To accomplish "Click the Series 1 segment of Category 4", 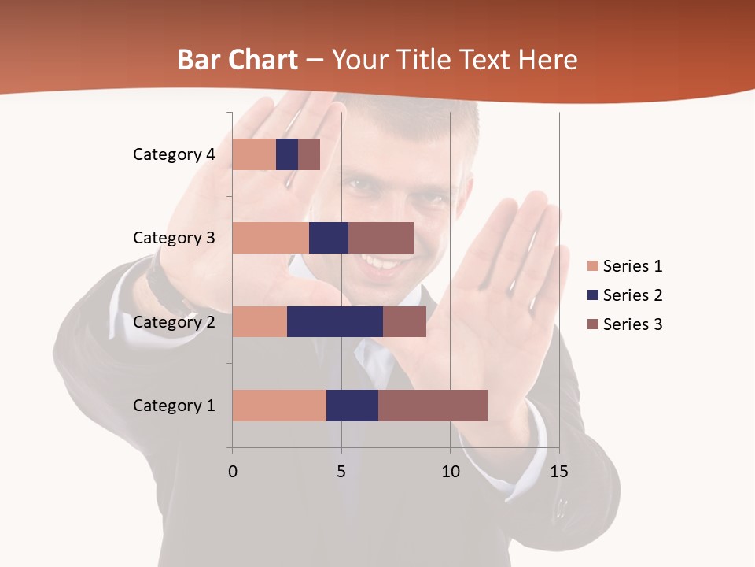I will [254, 154].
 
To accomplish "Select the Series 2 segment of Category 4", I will [287, 154].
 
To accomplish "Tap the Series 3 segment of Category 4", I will [309, 154].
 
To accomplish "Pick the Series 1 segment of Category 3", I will [271, 238].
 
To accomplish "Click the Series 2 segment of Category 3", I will [329, 238].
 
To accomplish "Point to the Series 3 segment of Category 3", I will [381, 238].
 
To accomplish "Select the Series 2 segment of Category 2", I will [335, 321].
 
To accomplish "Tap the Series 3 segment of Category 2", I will [404, 321].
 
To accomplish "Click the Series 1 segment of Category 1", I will [279, 406].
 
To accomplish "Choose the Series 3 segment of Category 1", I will [433, 406].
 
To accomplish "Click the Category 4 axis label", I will [174, 154].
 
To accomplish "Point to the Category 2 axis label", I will [174, 321].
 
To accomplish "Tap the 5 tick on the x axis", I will [341, 472].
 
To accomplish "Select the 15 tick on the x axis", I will [558, 472].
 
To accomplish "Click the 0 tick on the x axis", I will [232, 472].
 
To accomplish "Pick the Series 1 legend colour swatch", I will [593, 266].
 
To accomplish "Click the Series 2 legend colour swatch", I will [593, 295].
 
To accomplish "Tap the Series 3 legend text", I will [632, 324].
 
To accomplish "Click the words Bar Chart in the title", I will [238, 60].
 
